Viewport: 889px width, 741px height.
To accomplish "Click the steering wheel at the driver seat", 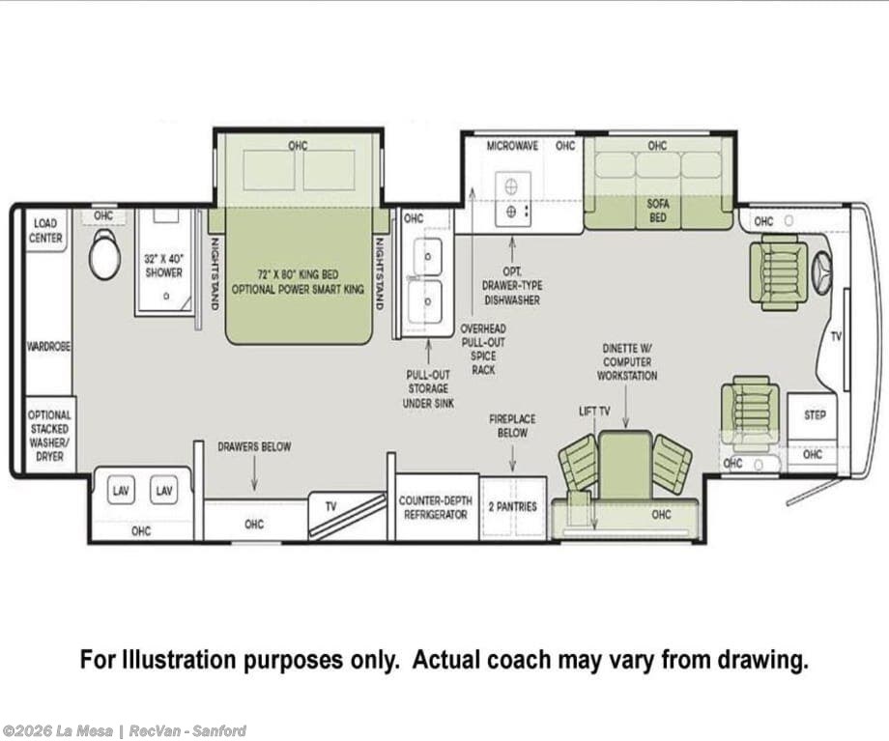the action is tap(822, 273).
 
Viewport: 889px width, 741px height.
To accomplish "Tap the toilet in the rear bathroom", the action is tap(105, 254).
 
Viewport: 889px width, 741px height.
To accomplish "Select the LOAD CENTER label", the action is tap(45, 231).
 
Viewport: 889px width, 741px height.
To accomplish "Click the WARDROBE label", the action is tap(48, 346).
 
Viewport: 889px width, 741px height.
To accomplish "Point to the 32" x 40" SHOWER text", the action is tap(164, 266).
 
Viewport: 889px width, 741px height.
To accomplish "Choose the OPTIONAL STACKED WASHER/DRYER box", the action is tap(50, 435).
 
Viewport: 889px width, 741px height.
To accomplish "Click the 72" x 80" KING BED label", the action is tap(299, 275).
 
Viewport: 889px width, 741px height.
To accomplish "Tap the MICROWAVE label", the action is tap(512, 146).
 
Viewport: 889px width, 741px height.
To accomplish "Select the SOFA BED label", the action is tap(658, 211).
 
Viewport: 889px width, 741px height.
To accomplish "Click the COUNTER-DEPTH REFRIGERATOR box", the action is tap(436, 507).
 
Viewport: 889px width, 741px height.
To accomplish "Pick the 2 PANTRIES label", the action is tap(512, 506).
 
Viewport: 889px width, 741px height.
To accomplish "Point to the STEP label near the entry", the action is tap(815, 415).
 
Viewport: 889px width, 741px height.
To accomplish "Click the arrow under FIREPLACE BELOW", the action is tap(512, 458).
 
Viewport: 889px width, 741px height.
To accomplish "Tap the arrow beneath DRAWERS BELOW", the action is tap(254, 473).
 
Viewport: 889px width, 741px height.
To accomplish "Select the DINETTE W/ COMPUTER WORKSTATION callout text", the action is tap(627, 361).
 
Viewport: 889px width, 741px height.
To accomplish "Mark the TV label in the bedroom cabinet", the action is tap(330, 506).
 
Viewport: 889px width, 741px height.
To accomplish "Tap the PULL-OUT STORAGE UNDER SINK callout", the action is tap(429, 389).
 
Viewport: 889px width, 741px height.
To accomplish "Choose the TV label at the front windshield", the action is tap(836, 337).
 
